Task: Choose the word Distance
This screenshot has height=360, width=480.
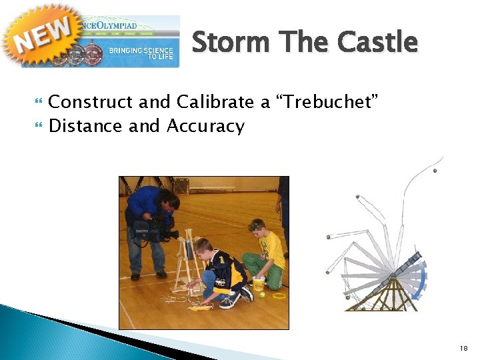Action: point(86,126)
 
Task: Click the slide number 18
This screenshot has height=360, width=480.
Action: point(464,348)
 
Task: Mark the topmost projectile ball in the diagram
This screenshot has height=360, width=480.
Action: point(435,171)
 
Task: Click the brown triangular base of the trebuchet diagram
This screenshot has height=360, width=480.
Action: point(389,293)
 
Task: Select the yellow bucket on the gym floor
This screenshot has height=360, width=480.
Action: point(259,283)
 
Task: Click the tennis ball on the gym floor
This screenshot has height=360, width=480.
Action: point(263,295)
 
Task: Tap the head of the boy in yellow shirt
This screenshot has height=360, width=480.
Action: point(257,227)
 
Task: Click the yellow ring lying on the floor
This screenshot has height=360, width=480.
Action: point(279,294)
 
